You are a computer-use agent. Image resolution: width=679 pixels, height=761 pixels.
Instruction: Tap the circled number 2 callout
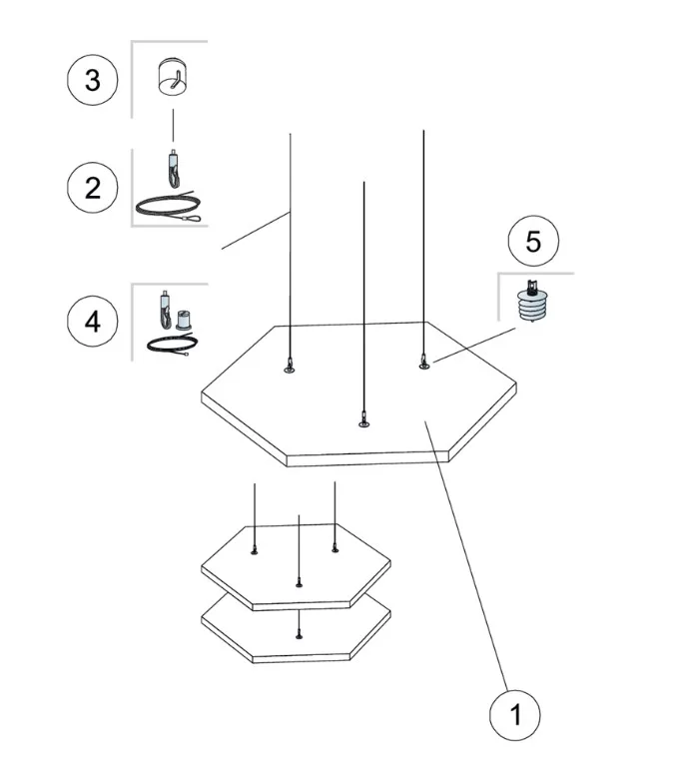(x=93, y=187)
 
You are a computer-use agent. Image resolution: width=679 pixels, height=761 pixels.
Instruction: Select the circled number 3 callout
(x=93, y=80)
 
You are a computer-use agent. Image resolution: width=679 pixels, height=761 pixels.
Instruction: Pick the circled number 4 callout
(x=93, y=322)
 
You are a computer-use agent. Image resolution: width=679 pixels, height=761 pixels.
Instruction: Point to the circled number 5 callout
(x=532, y=241)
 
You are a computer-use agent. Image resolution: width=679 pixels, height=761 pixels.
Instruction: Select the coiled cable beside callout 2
(x=170, y=207)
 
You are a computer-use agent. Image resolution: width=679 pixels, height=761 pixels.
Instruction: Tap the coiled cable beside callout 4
(x=170, y=346)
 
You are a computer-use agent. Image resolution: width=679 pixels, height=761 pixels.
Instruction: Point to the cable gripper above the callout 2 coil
(x=173, y=166)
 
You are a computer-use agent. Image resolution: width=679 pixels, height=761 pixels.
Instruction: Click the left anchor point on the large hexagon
(x=290, y=370)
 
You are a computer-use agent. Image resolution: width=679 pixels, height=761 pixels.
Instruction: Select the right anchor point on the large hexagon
(x=423, y=364)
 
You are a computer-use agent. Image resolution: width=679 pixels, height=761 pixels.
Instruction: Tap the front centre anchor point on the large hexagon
(x=363, y=423)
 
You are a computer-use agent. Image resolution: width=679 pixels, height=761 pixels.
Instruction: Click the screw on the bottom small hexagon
(x=299, y=636)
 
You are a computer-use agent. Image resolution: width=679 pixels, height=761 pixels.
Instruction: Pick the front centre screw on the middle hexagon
(x=299, y=582)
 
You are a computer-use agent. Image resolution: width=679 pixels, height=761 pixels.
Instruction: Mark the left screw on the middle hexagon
(x=256, y=551)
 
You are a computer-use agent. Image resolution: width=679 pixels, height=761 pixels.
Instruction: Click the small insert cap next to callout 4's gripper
(x=183, y=320)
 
